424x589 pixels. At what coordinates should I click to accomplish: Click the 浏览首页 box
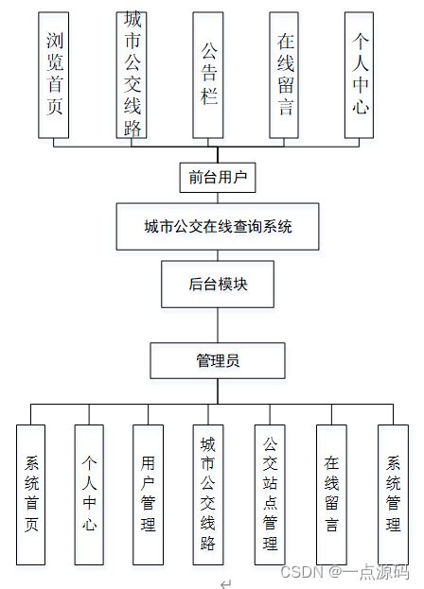tap(55, 76)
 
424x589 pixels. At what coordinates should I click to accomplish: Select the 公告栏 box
tap(207, 76)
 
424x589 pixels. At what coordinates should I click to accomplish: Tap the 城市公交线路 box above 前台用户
tap(132, 76)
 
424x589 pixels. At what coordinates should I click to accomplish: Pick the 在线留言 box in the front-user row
tap(285, 76)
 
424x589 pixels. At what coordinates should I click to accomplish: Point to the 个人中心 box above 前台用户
tap(359, 76)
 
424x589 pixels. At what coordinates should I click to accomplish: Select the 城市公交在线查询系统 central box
tap(217, 227)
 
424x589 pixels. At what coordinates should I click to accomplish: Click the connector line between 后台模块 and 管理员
tap(217, 324)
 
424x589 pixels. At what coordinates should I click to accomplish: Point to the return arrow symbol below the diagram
tap(225, 582)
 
